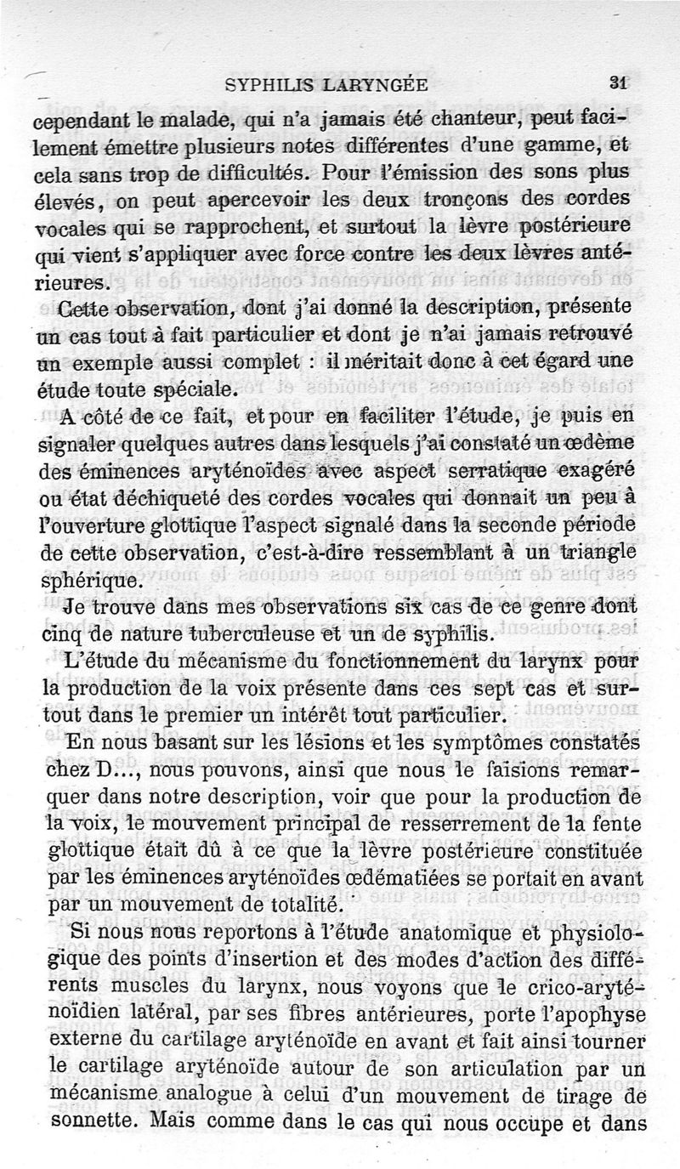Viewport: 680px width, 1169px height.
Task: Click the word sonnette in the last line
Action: click(x=91, y=1124)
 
